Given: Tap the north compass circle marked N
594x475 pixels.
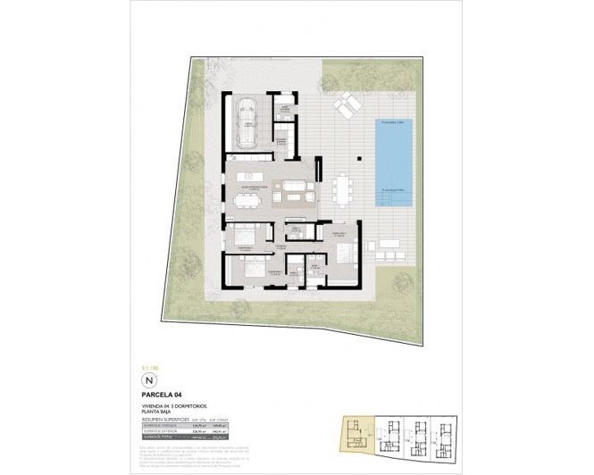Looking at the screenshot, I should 149,378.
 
